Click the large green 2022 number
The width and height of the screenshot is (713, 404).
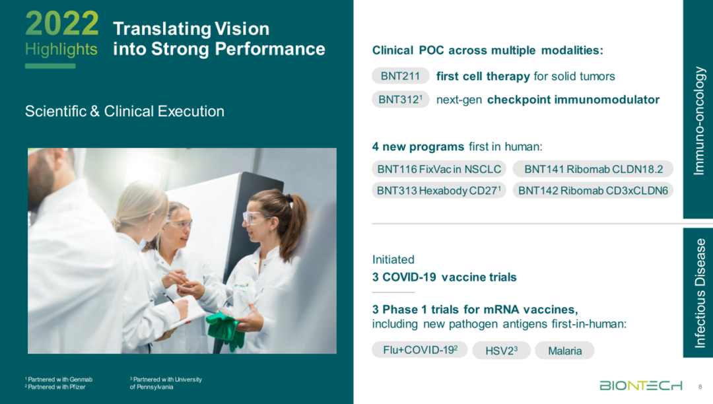[x=62, y=23]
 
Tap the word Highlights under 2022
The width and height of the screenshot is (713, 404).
[x=61, y=49]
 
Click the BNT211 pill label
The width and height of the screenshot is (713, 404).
[x=400, y=76]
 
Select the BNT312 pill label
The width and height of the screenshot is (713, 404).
[x=400, y=100]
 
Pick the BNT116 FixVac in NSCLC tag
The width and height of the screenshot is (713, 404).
[x=439, y=169]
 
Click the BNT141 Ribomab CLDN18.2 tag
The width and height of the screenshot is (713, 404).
[x=593, y=169]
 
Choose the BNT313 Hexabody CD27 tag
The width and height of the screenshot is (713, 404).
[x=439, y=190]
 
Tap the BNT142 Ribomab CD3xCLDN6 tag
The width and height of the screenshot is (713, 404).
[x=593, y=190]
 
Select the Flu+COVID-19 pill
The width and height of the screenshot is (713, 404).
[x=420, y=350]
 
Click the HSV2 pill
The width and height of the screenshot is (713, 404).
[x=501, y=351]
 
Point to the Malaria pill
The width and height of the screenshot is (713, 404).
[x=564, y=351]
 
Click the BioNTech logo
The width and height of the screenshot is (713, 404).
[x=640, y=386]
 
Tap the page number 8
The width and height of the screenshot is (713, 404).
[x=700, y=387]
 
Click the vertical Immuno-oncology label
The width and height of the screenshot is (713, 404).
[x=699, y=121]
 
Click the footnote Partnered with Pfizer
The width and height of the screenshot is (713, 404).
[x=55, y=387]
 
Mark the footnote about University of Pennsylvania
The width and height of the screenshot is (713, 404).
[x=166, y=383]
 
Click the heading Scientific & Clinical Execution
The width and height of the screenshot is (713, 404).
[x=125, y=112]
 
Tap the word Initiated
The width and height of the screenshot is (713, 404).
[x=393, y=259]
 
